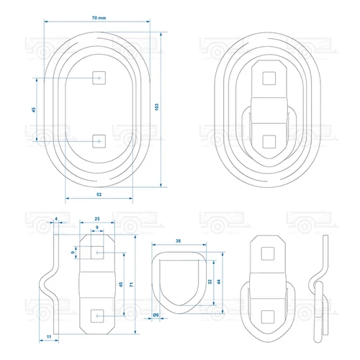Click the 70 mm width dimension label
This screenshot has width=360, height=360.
99,18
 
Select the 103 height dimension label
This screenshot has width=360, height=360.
157,107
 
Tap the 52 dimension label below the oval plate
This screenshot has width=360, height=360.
99,194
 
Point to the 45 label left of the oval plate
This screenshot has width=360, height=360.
34,109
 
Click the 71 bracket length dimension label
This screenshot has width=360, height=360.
131,284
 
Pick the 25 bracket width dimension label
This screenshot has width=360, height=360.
97,219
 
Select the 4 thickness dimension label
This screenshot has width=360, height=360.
56,219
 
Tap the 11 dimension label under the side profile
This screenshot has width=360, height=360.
49,336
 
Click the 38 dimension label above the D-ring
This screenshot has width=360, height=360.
178,240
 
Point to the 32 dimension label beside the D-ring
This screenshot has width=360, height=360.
210,282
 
